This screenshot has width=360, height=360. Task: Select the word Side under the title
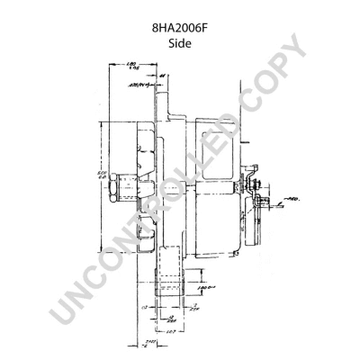click(x=179, y=44)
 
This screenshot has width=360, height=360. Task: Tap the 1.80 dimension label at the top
click(x=131, y=65)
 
